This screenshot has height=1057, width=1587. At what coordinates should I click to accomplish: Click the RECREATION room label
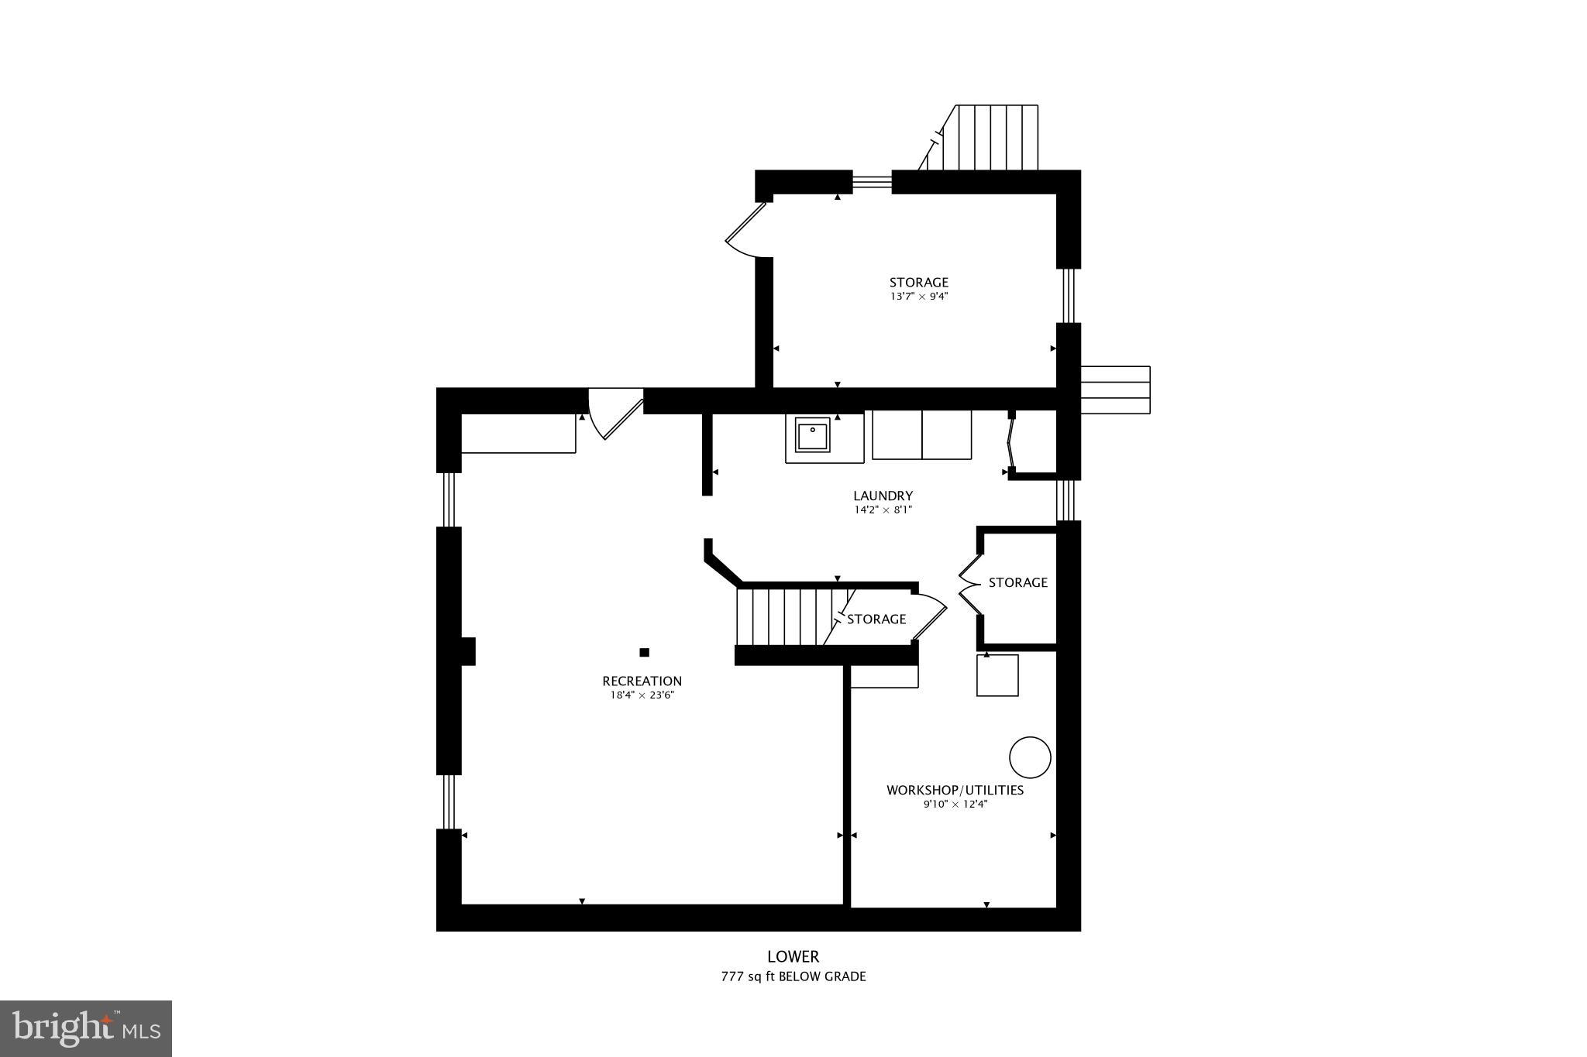click(642, 681)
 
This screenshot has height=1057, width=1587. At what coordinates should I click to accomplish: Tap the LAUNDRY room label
click(883, 496)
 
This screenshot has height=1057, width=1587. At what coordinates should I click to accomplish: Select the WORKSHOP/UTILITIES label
click(955, 790)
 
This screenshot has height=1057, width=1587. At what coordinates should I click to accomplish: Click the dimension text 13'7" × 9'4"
click(918, 297)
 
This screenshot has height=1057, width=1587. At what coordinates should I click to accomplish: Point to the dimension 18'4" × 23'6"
click(642, 695)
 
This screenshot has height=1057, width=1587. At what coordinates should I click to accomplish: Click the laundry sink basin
click(812, 435)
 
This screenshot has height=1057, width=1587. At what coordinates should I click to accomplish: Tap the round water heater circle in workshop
click(1030, 757)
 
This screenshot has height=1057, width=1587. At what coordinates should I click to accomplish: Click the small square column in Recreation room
click(644, 652)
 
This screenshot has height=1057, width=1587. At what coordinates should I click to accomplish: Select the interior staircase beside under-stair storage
click(783, 617)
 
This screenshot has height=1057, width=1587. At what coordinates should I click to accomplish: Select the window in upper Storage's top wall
click(872, 182)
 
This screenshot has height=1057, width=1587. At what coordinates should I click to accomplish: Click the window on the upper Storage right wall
click(1069, 295)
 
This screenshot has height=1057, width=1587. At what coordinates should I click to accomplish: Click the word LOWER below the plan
click(793, 956)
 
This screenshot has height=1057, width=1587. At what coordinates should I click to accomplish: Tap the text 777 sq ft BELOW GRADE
click(793, 976)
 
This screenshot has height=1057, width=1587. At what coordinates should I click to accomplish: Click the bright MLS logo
click(86, 1028)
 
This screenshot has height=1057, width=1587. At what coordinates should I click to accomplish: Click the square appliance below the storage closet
click(997, 675)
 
